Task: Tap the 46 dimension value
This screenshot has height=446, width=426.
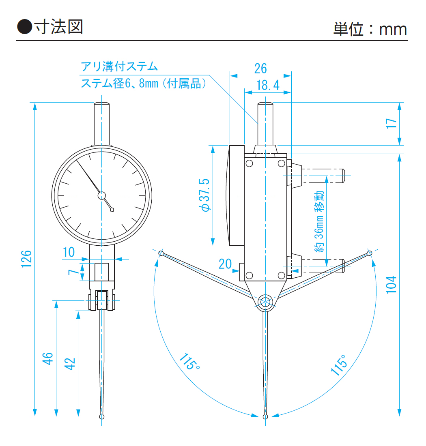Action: click(48, 358)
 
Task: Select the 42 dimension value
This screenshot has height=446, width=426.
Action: click(70, 363)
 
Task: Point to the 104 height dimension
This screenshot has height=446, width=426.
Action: click(391, 285)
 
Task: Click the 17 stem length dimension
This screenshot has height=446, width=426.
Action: click(391, 123)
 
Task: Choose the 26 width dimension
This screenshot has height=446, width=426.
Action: click(260, 68)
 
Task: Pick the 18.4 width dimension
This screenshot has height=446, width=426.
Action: click(268, 85)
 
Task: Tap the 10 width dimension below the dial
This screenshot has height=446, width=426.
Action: click(69, 252)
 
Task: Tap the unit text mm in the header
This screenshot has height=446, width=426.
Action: click(393, 29)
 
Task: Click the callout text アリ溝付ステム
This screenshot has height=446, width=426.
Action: click(119, 66)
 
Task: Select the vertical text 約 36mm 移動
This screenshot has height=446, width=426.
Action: click(319, 222)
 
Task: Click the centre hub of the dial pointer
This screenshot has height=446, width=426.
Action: click(101, 195)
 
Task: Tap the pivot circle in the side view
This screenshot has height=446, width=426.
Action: click(265, 302)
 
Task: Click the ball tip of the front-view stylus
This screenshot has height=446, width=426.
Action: click(101, 416)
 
